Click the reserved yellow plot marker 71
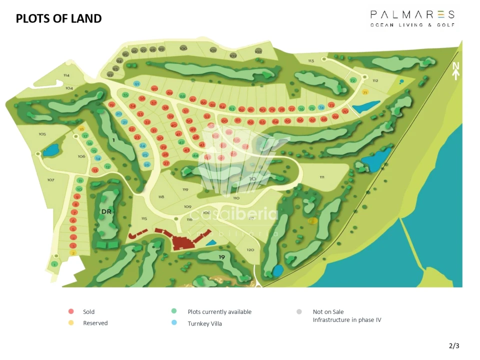click(x=365, y=92)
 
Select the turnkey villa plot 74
click(x=321, y=107)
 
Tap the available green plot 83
click(x=232, y=109)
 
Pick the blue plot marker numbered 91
click(x=136, y=84)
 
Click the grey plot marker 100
click(x=183, y=48)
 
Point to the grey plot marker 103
click(x=258, y=51)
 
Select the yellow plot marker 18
click(x=82, y=129)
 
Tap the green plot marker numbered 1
click(x=54, y=264)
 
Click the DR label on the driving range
click(x=105, y=211)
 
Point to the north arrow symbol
click(x=455, y=71)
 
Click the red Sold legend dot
click(x=71, y=311)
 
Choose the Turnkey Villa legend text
click(x=204, y=323)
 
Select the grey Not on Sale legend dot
click(x=299, y=311)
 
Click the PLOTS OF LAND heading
click(x=58, y=19)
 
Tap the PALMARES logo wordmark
click(x=412, y=14)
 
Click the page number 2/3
click(x=453, y=345)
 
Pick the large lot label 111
click(x=321, y=177)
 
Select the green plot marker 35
click(x=125, y=95)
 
